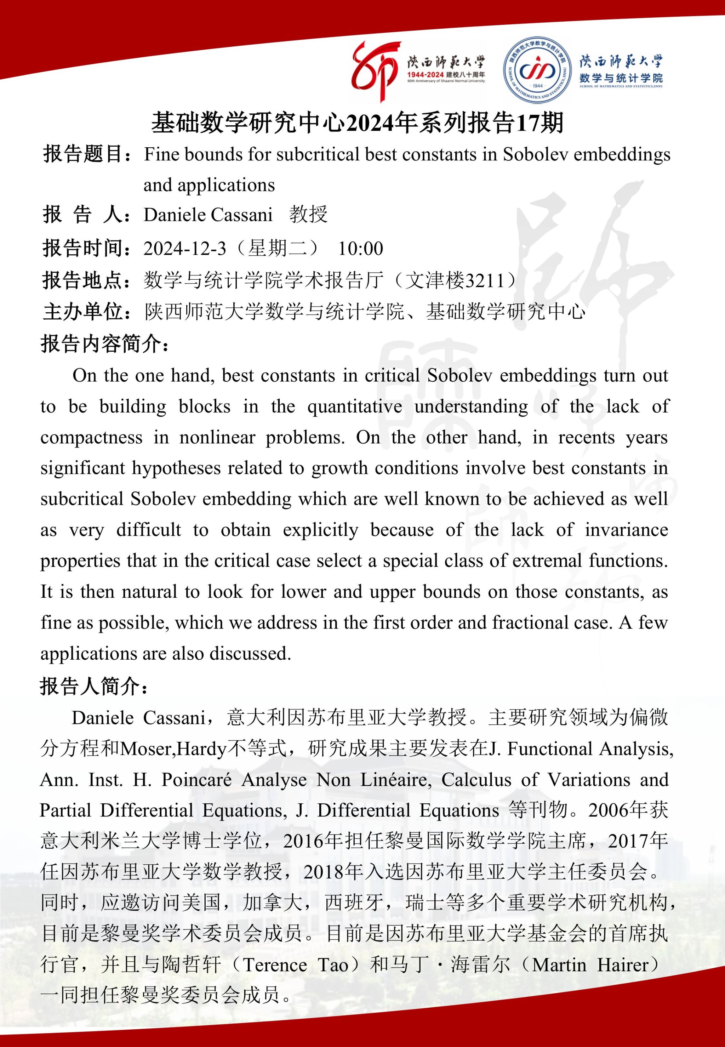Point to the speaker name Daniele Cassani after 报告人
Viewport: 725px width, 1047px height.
[x=207, y=215]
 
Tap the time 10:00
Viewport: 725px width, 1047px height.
[x=361, y=249]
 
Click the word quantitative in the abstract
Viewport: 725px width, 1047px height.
[x=355, y=406]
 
